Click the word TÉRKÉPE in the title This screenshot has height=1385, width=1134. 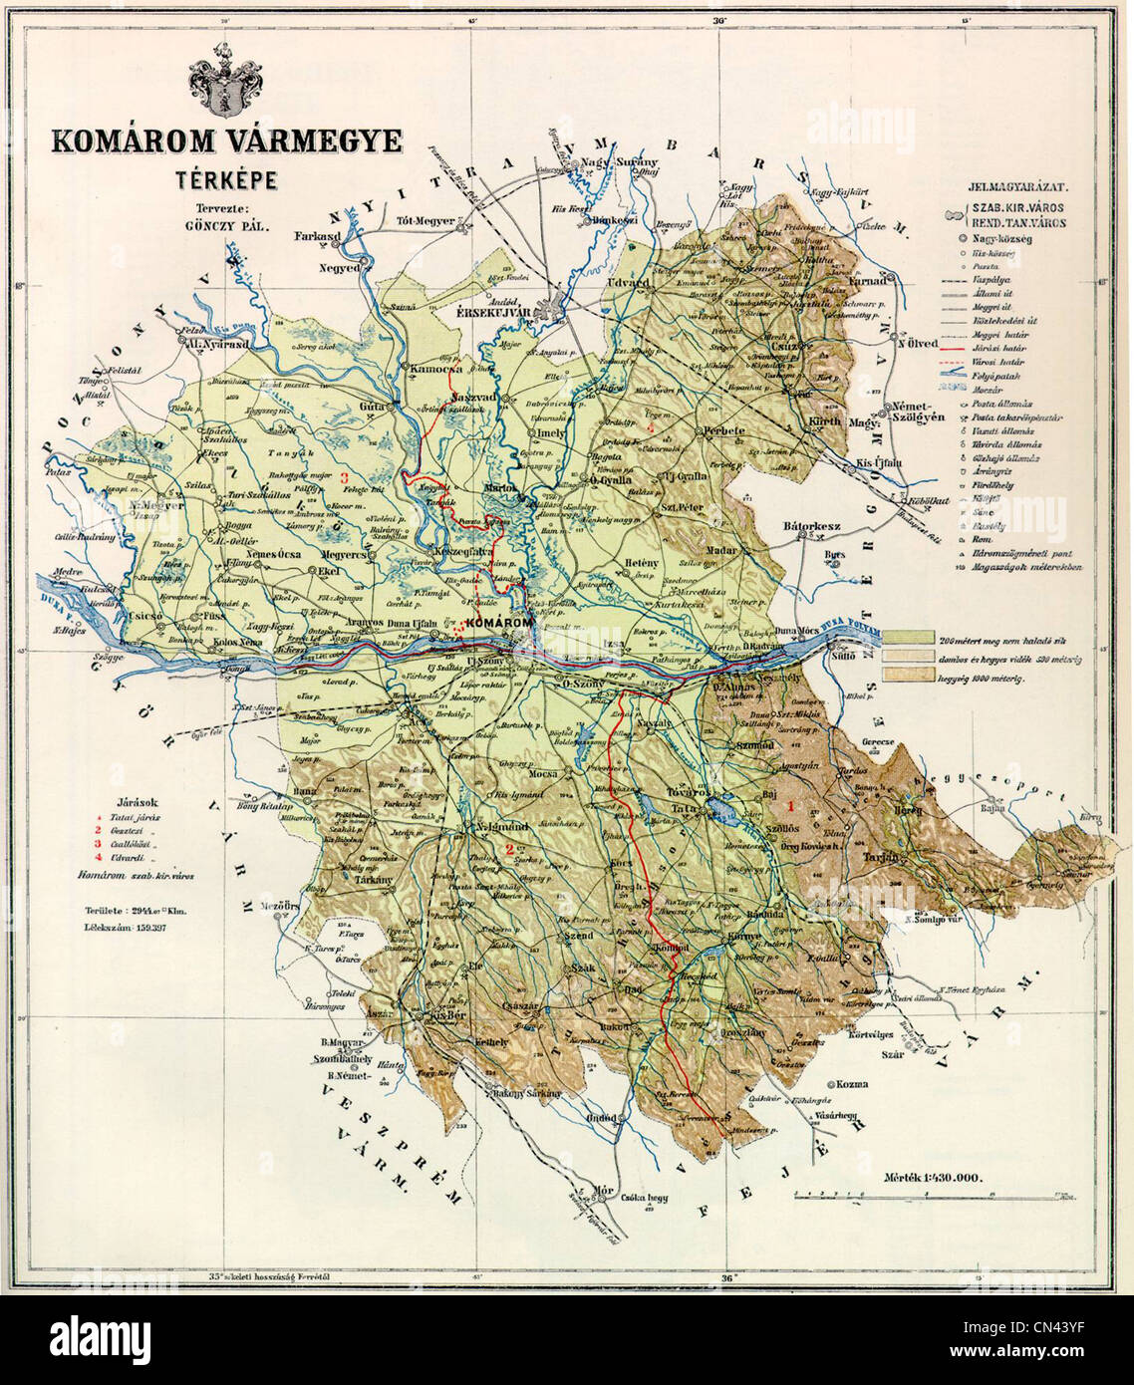[226, 180]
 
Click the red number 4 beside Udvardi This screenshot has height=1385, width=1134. [98, 857]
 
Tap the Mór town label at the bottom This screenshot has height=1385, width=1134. [604, 1190]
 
